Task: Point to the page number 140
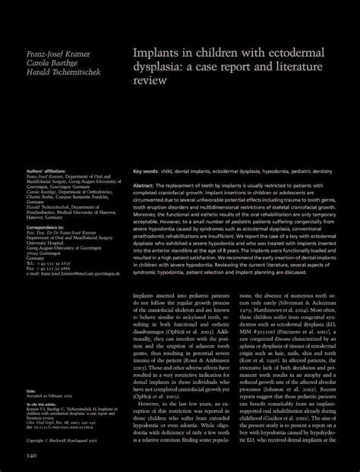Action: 33,455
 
